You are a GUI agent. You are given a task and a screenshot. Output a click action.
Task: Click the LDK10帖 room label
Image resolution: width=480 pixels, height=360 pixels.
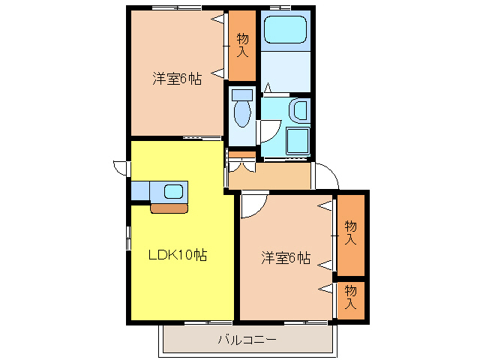pos(177,255)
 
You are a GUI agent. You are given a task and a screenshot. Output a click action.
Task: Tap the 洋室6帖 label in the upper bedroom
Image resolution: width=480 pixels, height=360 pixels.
pos(177,79)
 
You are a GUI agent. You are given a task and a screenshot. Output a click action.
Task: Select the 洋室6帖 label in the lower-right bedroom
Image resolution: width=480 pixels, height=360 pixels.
pos(286,258)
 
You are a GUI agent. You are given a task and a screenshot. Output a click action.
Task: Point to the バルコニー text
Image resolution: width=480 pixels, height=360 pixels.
pos(247,340)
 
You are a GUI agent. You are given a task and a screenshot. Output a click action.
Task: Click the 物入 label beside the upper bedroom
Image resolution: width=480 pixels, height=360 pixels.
pos(242,45)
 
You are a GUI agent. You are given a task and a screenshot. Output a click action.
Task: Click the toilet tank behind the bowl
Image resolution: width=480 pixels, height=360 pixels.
pos(241,95)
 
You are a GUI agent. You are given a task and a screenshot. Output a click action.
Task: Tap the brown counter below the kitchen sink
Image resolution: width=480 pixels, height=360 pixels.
pos(169,208)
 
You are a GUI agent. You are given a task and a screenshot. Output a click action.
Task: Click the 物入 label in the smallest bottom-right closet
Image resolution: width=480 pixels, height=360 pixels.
pos(350,297)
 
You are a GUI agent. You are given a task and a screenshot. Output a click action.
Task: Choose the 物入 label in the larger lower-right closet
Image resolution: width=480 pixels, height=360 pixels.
pos(350,233)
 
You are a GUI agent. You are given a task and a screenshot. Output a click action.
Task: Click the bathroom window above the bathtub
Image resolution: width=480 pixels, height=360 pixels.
pos(286,7)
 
